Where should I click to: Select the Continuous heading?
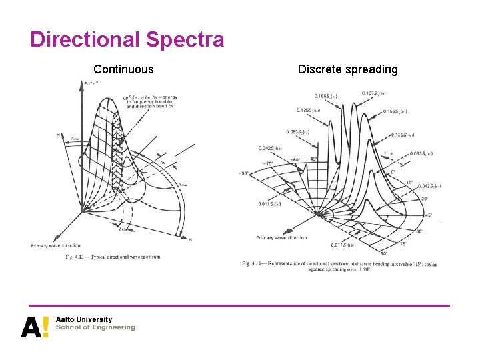click(x=123, y=69)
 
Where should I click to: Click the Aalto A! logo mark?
click(x=35, y=326)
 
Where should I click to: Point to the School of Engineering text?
click(x=95, y=327)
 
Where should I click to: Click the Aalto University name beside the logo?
click(x=84, y=319)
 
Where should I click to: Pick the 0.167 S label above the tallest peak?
click(x=374, y=93)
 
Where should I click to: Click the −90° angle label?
click(x=245, y=173)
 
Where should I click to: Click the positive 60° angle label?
click(x=420, y=231)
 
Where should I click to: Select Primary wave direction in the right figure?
click(x=282, y=237)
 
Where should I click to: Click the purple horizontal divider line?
click(x=239, y=306)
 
